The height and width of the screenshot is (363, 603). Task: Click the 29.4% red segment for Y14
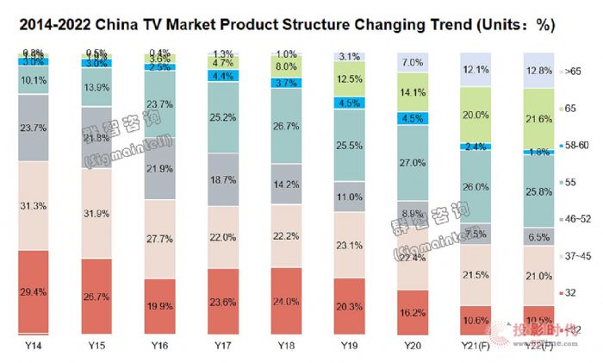click(34, 291)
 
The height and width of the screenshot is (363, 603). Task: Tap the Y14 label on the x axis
click(33, 344)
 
